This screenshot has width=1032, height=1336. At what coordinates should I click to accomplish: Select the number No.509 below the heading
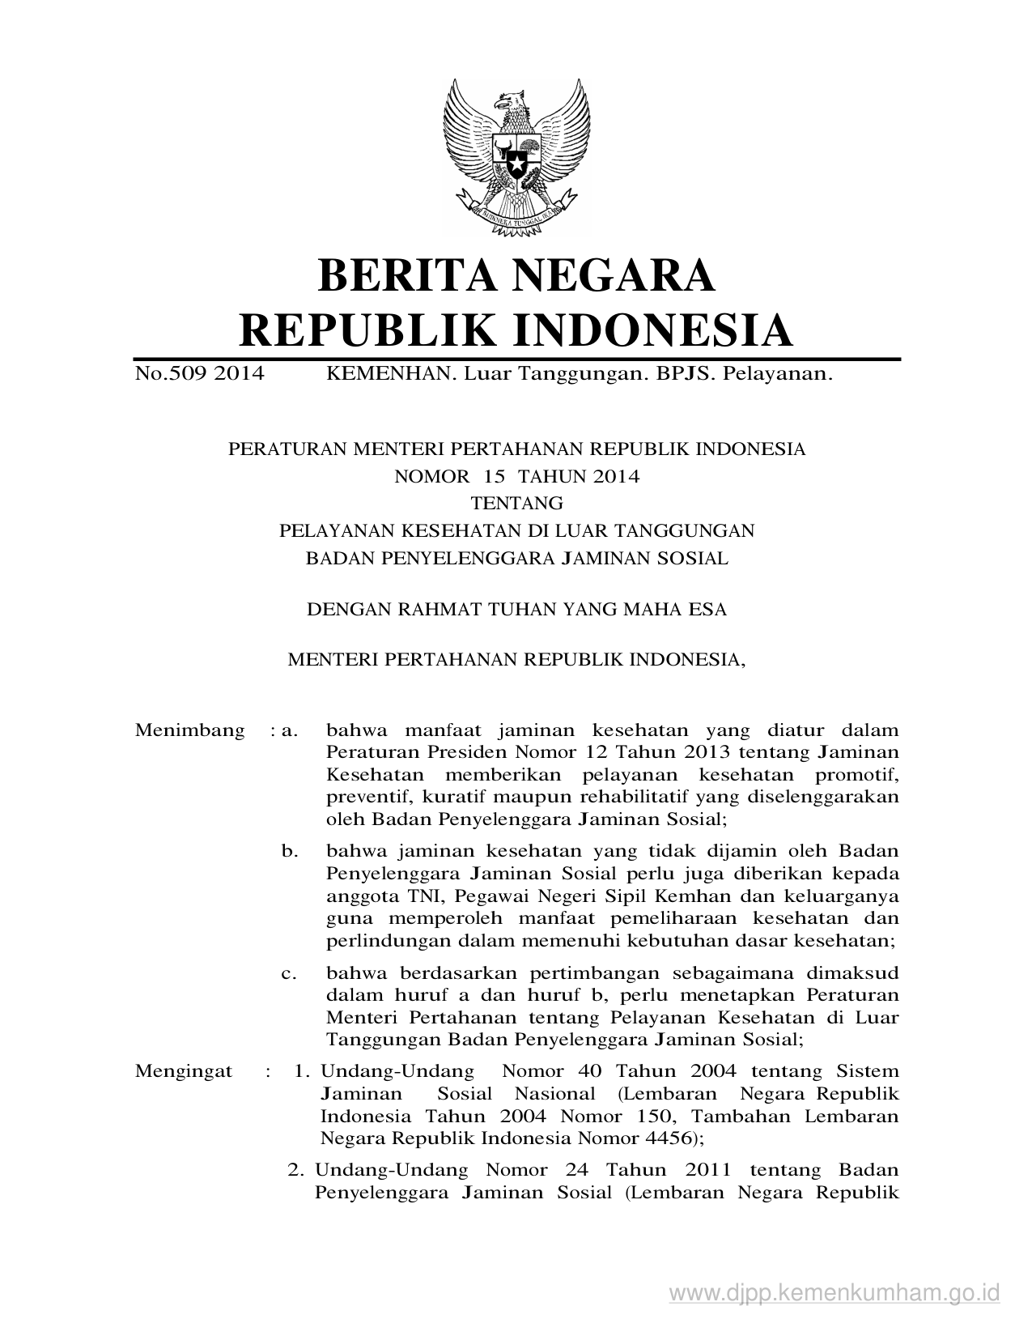[170, 373]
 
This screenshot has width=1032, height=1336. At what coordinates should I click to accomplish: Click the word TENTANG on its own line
[516, 504]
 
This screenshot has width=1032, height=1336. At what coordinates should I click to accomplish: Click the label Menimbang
[189, 730]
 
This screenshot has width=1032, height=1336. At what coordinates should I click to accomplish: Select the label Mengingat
[184, 1071]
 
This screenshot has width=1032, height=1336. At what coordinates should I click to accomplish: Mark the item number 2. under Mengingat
[295, 1170]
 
